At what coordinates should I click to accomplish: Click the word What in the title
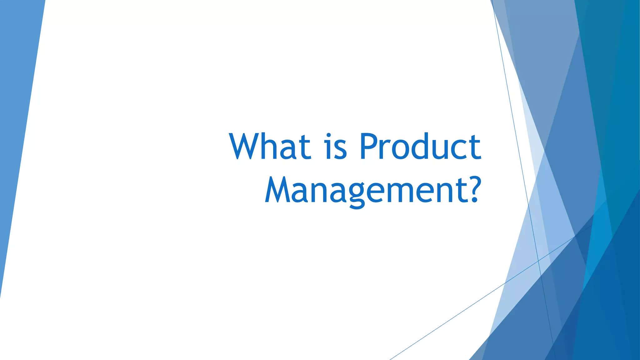pos(270,146)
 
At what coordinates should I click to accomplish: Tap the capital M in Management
pos(278,189)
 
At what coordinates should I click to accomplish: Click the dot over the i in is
pos(328,135)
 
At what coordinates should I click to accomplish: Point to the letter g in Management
pos(357,195)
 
